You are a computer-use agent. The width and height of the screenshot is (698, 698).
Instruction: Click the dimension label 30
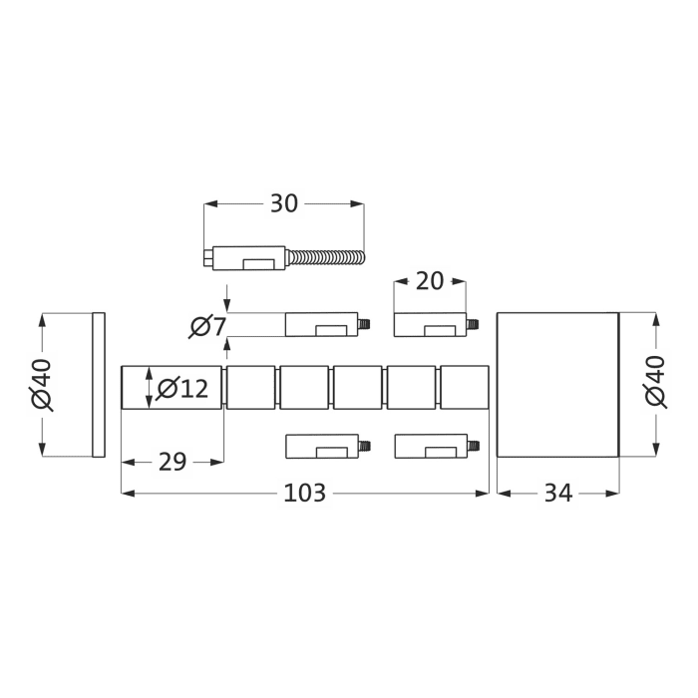pos(284,203)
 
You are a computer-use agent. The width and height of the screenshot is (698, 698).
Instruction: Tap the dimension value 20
pos(429,281)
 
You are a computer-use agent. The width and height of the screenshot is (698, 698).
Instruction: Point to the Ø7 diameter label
pos(206,325)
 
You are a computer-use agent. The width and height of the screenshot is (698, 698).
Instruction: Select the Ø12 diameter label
pos(182,388)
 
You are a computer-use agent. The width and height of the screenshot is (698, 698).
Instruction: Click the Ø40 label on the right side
pos(655,383)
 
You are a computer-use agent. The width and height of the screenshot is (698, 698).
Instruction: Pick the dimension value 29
pos(173,462)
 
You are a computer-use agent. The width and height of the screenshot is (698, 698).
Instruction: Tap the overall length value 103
pos(305,493)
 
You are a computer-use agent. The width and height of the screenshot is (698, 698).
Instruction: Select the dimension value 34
pos(557,493)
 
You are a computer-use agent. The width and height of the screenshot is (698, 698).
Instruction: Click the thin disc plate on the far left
pos(98,385)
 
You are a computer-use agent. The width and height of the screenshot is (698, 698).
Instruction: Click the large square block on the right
pos(556,385)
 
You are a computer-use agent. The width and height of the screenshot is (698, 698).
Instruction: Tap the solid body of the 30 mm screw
pos(249,258)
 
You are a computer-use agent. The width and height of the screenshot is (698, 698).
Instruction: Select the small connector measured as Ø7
pos(321,324)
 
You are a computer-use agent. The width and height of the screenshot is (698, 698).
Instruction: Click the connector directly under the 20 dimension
pos(430,324)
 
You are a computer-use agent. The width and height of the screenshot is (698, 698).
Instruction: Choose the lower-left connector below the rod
pos(321,445)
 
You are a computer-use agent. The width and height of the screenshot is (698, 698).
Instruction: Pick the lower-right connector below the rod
pos(430,445)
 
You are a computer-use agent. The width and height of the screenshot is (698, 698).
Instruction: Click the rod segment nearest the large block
pos(464,387)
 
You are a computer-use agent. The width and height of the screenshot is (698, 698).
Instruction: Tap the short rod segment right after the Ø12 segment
pos(250,387)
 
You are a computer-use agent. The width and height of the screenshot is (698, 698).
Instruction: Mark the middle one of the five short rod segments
pos(357,387)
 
